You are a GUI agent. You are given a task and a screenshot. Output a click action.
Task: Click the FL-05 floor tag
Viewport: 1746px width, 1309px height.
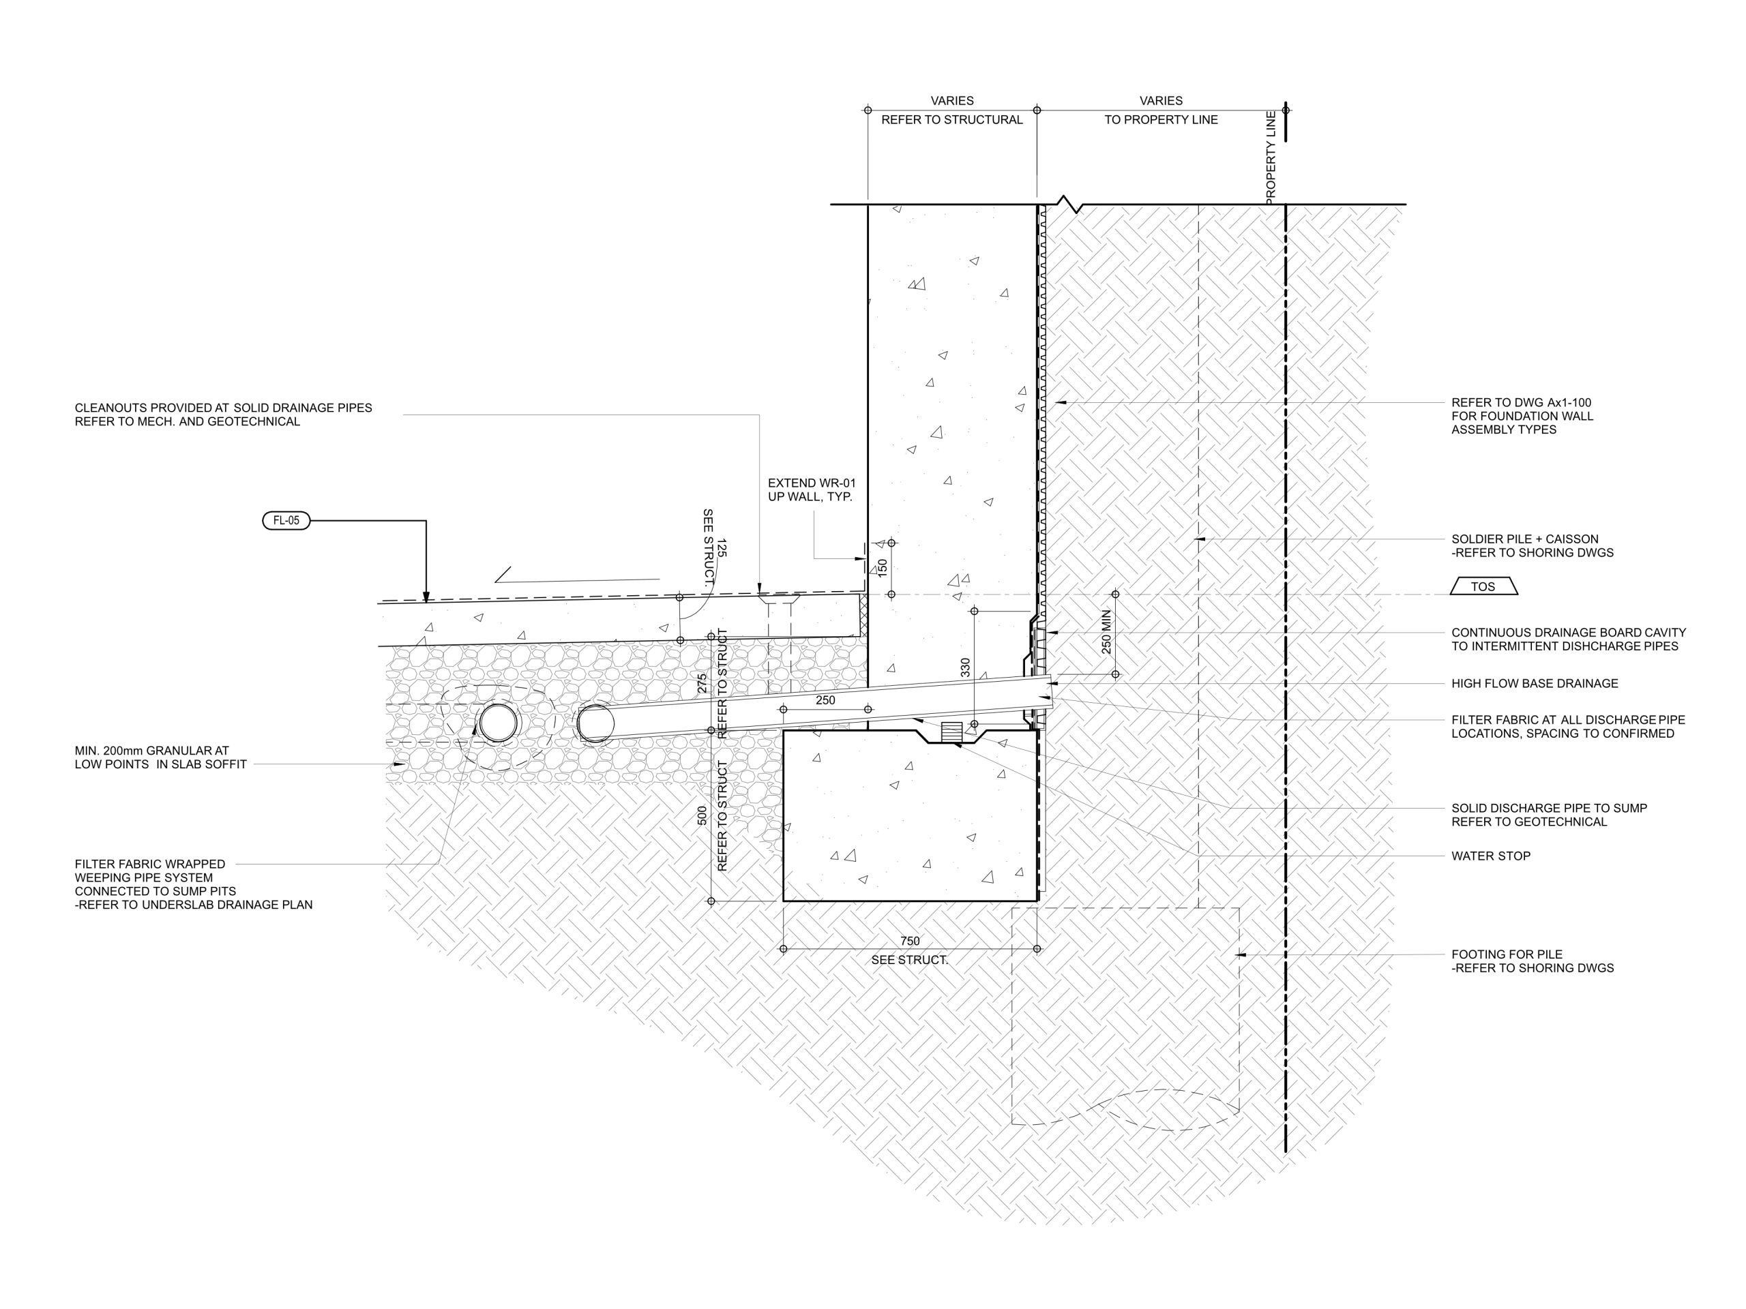click(x=286, y=521)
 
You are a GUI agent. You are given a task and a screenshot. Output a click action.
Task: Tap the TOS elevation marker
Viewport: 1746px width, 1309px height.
click(x=1483, y=586)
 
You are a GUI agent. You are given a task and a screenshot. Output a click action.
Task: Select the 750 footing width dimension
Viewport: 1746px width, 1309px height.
click(x=909, y=941)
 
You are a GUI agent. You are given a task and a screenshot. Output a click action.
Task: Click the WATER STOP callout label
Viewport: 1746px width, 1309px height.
click(x=1490, y=856)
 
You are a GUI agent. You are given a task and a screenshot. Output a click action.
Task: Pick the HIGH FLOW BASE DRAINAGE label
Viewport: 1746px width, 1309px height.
click(x=1535, y=683)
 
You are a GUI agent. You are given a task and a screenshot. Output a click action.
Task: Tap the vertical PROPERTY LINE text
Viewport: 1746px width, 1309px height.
click(x=1270, y=157)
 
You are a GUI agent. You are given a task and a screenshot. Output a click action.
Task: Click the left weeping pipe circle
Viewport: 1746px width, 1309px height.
click(x=498, y=723)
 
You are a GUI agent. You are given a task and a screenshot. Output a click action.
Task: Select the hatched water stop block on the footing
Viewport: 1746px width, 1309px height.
click(x=951, y=732)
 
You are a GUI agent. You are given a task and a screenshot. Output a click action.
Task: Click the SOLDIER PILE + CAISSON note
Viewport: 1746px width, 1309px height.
click(x=1532, y=546)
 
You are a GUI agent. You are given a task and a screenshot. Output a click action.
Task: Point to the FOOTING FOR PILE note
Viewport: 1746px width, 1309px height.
click(x=1532, y=961)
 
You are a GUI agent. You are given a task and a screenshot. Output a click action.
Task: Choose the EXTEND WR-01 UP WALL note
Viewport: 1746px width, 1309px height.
click(x=812, y=490)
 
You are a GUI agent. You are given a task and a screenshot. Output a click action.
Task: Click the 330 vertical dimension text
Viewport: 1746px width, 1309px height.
click(x=965, y=667)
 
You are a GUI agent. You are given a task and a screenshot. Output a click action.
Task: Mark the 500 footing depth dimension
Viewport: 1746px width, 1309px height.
click(x=702, y=816)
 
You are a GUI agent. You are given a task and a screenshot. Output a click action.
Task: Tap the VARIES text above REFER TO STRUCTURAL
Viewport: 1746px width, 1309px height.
click(x=952, y=101)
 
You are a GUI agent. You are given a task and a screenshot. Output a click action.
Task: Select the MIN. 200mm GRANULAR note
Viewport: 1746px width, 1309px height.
click(x=161, y=757)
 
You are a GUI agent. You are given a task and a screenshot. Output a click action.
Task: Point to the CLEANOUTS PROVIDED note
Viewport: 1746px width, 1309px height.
click(x=224, y=415)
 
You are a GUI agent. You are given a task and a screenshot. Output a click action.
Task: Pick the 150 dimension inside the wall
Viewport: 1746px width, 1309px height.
click(x=883, y=567)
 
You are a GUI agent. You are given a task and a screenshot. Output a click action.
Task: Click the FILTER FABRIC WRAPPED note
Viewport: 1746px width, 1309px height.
click(x=194, y=884)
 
